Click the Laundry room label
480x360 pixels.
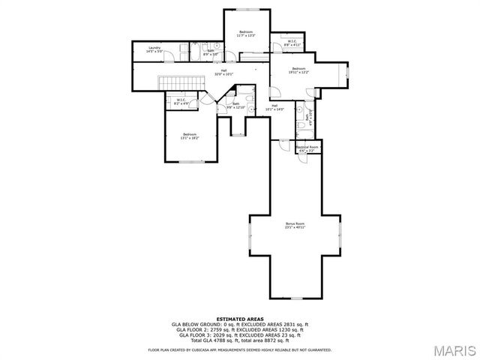coord(154,49)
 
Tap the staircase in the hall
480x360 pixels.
coord(180,83)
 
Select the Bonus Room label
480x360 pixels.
coord(295,225)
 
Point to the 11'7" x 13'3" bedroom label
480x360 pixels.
coord(246,33)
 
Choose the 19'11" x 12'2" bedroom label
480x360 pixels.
coord(300,70)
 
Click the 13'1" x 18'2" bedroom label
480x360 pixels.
coord(190,136)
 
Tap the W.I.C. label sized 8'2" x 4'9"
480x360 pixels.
coord(181,101)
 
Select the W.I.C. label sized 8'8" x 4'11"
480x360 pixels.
coord(292,43)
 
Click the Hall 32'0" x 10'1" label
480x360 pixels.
coord(224,72)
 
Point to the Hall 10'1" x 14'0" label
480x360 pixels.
coord(274,107)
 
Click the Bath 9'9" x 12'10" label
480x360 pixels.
coord(235,106)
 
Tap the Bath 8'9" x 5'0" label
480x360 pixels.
coord(211,52)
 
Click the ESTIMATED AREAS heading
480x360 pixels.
coord(239,319)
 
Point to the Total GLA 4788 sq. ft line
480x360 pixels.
coord(239,341)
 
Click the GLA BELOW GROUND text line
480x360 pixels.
coord(239,325)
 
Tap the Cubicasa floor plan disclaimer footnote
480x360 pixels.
coord(239,349)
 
